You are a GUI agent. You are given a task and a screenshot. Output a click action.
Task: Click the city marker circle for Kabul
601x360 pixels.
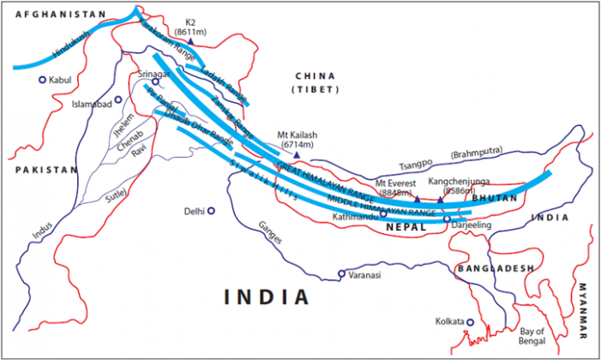[42, 80]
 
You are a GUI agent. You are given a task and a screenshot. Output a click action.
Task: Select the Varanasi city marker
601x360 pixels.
[341, 274]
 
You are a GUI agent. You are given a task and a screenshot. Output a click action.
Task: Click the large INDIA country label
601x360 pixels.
[267, 297]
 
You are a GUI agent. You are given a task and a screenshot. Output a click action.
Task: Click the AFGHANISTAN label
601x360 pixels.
[53, 15]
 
